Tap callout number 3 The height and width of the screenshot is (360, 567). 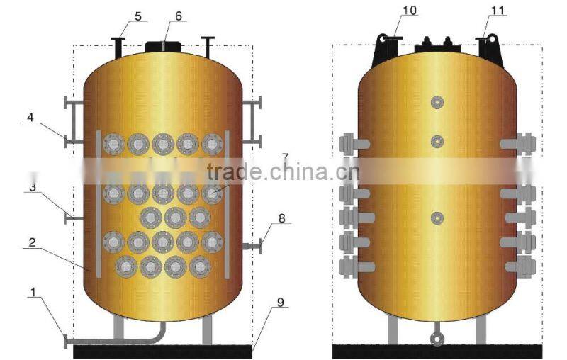33,188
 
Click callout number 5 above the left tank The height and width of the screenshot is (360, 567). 137,14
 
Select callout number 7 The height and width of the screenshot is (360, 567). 285,157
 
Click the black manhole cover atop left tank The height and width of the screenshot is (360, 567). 164,47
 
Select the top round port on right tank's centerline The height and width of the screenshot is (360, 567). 437,103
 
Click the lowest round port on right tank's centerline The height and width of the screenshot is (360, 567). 437,218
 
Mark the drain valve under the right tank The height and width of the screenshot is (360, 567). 437,339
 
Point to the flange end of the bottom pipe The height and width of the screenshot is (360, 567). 66,342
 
